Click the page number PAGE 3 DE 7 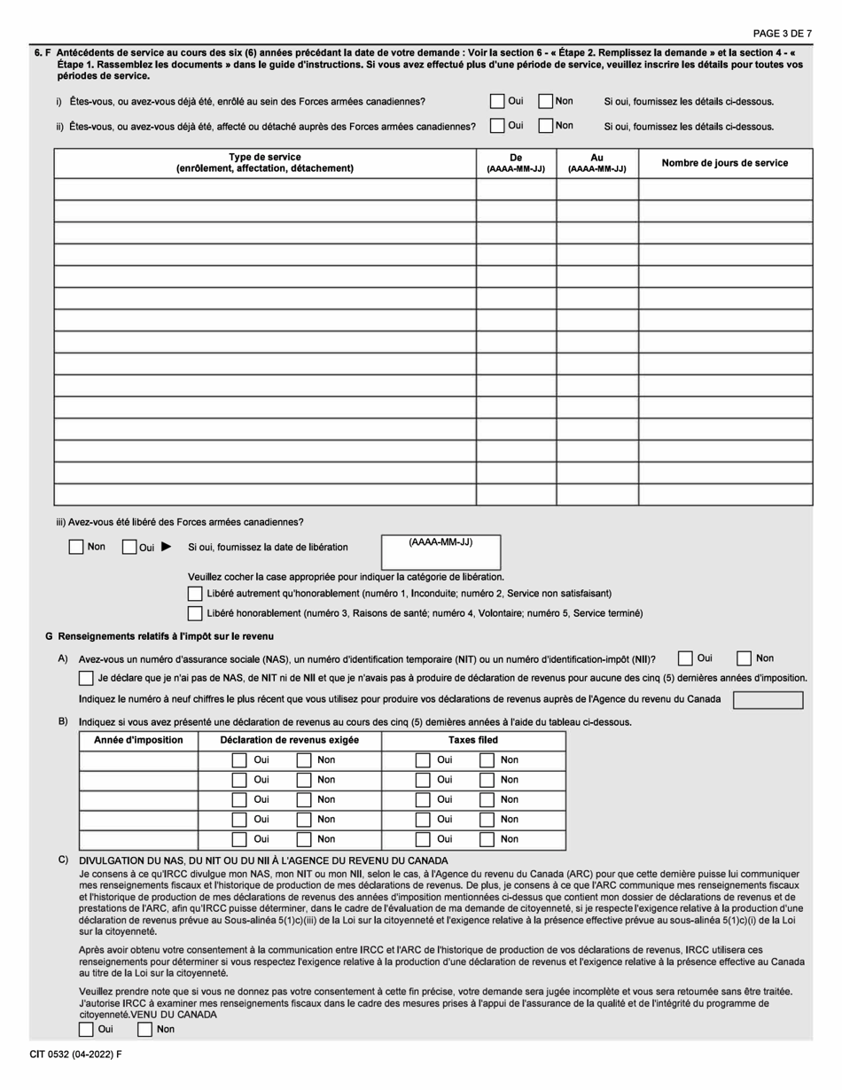click(x=782, y=34)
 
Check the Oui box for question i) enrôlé click(x=497, y=102)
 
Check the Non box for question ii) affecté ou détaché click(x=546, y=126)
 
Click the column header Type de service click(x=264, y=162)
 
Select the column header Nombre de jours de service click(x=724, y=163)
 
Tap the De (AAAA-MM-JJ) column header click(x=516, y=162)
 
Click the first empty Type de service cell click(x=264, y=189)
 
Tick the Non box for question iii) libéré click(x=76, y=547)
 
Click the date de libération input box click(x=440, y=553)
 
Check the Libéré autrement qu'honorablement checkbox click(x=195, y=593)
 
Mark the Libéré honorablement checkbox click(x=195, y=613)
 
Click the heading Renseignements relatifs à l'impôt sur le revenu click(x=166, y=636)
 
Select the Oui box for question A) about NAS click(x=685, y=658)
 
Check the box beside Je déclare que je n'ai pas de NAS click(x=86, y=678)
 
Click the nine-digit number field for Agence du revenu click(x=768, y=700)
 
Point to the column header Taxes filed click(x=473, y=740)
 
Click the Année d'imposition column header click(x=138, y=740)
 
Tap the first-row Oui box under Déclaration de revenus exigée click(x=238, y=759)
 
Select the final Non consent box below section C click(x=145, y=1029)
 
